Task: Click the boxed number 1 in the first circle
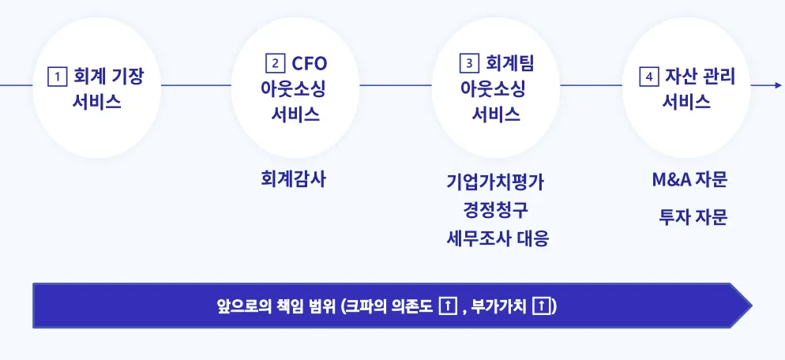pos(57,77)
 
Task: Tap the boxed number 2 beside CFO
pos(275,63)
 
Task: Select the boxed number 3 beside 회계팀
pos(469,63)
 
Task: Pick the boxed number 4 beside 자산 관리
pos(648,77)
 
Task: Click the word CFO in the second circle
pos(309,63)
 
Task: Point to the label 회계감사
pos(293,179)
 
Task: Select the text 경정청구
pos(495,210)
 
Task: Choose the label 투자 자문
pos(693,217)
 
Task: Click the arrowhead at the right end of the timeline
pos(779,84)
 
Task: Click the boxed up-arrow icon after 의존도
pos(448,306)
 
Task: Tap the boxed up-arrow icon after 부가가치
pos(543,306)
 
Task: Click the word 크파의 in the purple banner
pos(366,306)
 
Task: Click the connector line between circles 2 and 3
pos(395,84)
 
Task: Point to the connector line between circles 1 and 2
pos(194,84)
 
